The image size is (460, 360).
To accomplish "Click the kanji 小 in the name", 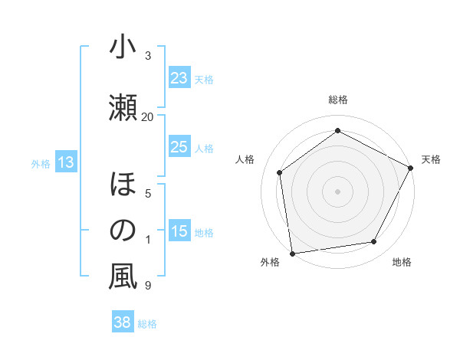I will point(123,48).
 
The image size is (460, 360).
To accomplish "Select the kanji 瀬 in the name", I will point(123,106).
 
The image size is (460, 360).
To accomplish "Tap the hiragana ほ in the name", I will point(123,186).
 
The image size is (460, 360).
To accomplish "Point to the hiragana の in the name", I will point(123,231).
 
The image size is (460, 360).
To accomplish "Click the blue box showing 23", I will point(179,78).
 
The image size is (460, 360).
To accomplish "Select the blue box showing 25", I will point(179,147).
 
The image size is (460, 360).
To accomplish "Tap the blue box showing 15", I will point(179,231).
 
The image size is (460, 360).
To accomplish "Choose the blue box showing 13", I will point(65,162).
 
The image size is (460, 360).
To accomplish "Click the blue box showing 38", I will point(123,323).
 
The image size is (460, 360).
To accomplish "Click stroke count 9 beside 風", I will point(147,286).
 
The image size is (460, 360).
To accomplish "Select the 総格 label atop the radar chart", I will point(337,100).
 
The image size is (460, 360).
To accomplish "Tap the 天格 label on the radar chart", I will point(431,159).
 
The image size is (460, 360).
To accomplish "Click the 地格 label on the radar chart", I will point(402,263).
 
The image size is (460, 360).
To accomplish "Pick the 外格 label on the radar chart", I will point(270,263).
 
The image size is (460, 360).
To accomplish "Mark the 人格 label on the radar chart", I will point(245,159).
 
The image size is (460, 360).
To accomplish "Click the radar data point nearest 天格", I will point(411,168).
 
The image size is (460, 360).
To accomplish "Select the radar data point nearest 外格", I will point(292,253).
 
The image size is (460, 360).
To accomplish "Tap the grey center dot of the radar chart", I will point(337,191).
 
